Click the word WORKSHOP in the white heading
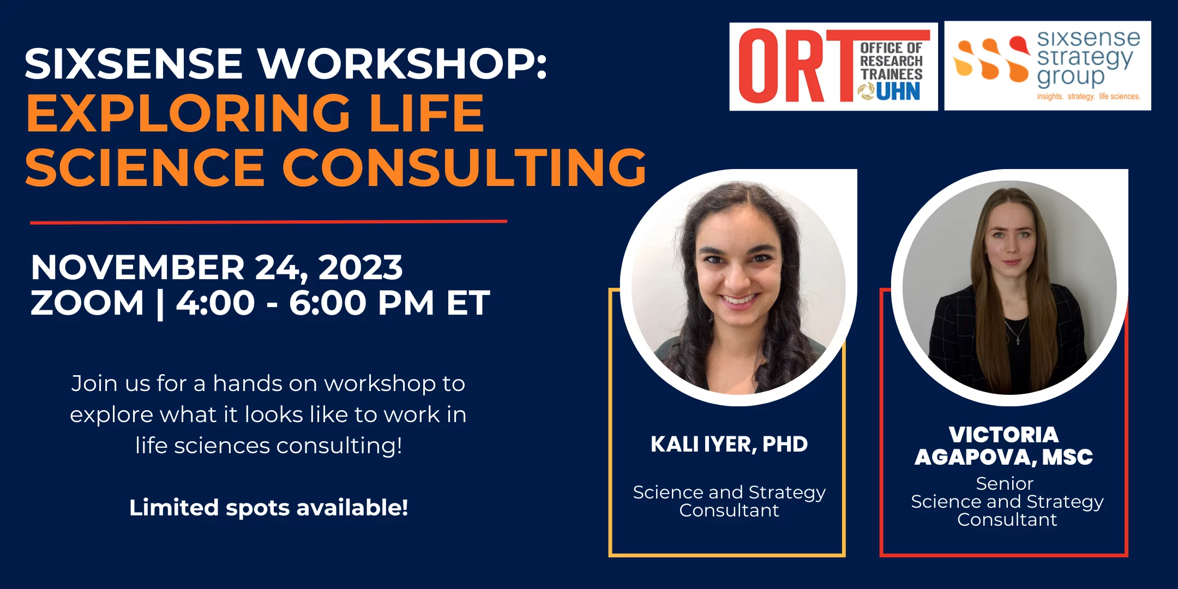click(402, 64)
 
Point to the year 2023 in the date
click(360, 267)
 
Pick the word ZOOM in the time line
click(87, 303)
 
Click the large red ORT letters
click(796, 65)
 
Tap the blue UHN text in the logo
click(898, 92)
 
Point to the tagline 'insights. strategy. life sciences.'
click(1089, 97)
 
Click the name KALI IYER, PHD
click(729, 444)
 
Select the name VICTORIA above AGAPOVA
click(1003, 435)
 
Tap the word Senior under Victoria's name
click(1005, 483)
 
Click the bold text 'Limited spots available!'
click(269, 508)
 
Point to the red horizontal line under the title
click(268, 222)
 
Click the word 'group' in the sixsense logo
click(1071, 77)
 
